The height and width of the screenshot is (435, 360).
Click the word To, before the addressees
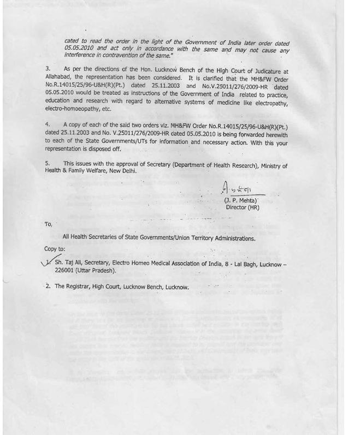pyautogui.click(x=48, y=224)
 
